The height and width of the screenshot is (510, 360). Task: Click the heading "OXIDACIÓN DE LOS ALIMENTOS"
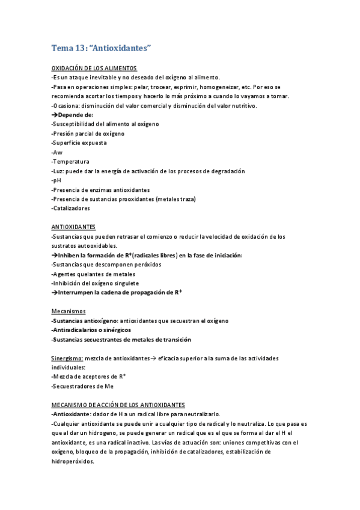(x=94, y=68)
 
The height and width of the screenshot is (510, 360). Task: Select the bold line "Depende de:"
(x=75, y=114)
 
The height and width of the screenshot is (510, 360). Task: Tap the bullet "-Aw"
(x=56, y=152)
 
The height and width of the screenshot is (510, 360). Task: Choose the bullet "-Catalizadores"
(x=71, y=208)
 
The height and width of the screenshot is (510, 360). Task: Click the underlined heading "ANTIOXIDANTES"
(x=73, y=227)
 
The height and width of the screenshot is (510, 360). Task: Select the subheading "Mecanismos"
(x=68, y=311)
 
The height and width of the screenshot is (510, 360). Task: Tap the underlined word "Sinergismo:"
(x=67, y=358)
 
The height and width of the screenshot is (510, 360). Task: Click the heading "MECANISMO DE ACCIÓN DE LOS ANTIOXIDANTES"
(x=118, y=405)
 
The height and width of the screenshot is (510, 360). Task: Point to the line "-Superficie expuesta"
(x=79, y=143)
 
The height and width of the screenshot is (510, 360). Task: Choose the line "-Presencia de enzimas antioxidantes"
(x=100, y=189)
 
